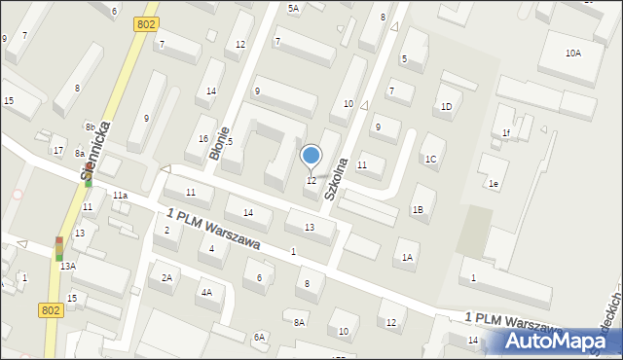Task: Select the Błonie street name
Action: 223,143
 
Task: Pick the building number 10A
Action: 573,54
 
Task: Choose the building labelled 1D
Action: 446,106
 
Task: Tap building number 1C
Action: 430,159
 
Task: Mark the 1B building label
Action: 418,209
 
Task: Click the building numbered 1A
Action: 409,257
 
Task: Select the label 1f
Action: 506,132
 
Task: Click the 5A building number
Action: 293,8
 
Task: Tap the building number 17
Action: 58,150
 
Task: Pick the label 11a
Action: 120,196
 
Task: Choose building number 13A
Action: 67,266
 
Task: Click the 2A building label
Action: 166,278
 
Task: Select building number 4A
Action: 206,292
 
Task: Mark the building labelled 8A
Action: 300,322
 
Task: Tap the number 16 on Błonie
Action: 202,139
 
